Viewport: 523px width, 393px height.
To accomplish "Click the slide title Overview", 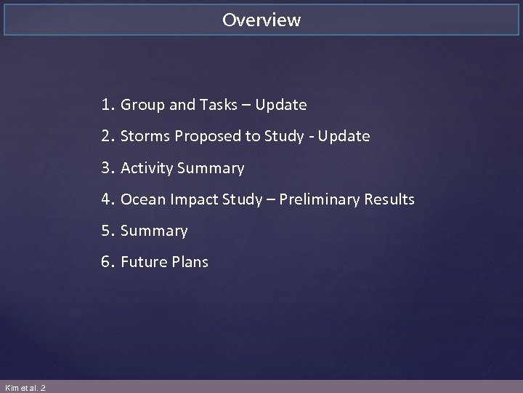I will pos(261,20).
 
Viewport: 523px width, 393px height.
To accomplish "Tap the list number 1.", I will pos(108,105).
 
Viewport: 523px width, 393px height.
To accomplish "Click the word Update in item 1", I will pos(282,106).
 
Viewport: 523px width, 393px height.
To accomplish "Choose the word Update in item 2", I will pos(345,137).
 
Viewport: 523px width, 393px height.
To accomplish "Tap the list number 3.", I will pos(108,168).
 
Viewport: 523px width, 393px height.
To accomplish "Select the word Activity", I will pos(147,169).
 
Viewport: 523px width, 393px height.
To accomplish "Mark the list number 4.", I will pos(109,199).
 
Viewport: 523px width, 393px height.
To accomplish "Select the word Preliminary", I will pos(317,200).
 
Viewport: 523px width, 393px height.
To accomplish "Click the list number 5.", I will pos(108,231).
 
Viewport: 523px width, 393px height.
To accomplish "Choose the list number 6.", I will pos(108,262).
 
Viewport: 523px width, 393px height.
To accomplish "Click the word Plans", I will pos(190,262).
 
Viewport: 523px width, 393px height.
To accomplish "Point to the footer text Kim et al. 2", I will pos(24,387).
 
